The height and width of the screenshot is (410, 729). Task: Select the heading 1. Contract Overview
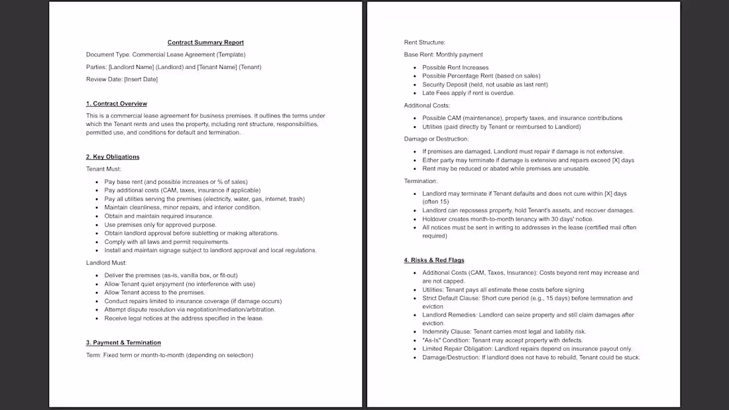[117, 103]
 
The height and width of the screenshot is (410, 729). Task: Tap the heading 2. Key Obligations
[113, 157]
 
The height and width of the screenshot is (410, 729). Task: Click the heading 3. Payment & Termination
[123, 342]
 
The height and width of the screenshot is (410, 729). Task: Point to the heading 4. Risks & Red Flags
[434, 260]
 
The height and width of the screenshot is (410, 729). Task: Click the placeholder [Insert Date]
[140, 80]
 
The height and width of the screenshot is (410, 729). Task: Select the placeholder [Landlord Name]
[131, 67]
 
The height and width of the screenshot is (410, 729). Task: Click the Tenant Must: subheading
[103, 169]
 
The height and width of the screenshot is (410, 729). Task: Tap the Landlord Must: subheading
[106, 263]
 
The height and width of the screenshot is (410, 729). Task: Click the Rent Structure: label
[425, 42]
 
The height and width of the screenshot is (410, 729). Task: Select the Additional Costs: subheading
[427, 105]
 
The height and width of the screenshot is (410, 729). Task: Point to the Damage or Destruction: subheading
[436, 139]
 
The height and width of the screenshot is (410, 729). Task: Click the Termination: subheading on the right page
[421, 181]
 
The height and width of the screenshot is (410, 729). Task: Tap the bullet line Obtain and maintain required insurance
[158, 216]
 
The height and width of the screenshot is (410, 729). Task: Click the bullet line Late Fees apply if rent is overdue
[468, 93]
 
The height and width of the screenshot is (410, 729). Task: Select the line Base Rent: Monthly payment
[443, 54]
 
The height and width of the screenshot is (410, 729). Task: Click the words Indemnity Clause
[447, 332]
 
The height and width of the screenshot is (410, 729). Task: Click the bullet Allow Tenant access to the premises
[154, 293]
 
